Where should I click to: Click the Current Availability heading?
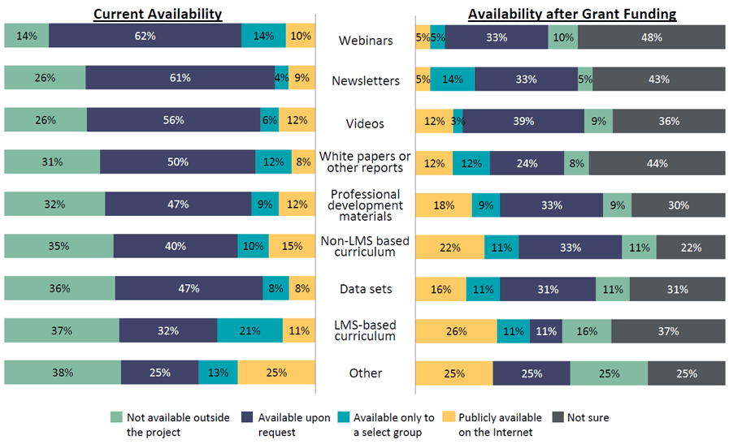point(158,15)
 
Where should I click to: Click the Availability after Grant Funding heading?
point(572,15)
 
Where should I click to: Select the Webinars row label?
point(365,40)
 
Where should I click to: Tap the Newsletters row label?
point(365,81)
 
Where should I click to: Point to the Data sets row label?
point(365,289)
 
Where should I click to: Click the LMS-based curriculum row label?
point(365,330)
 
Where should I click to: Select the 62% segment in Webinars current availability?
point(145,37)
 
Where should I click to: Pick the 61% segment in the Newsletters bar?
point(180,78)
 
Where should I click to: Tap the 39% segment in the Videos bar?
point(523,121)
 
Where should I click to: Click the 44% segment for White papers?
point(657,162)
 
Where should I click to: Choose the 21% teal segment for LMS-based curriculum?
point(249,330)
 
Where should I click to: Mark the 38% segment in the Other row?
point(63,373)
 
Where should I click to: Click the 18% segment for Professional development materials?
point(443,205)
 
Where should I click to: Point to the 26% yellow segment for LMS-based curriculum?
point(456,330)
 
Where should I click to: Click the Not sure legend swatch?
point(557,417)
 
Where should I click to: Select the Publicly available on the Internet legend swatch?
point(449,417)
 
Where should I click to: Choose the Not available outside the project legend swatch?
point(116,417)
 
